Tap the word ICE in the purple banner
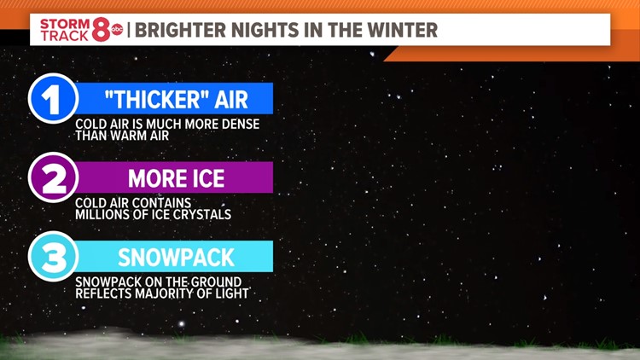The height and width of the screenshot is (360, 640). pos(207,178)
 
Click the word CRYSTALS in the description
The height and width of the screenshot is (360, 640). pos(202,214)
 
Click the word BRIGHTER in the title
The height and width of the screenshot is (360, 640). pos(175,30)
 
